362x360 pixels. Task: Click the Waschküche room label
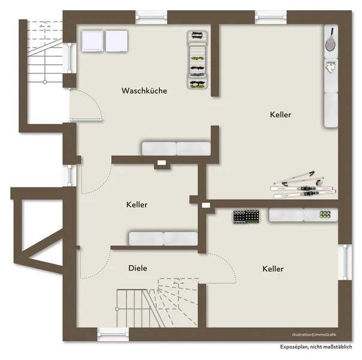[x=144, y=91]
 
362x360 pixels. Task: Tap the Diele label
[x=138, y=268]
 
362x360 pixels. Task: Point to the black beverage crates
[x=246, y=217]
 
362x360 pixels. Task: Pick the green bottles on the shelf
[x=325, y=215]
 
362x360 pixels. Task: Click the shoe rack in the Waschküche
[x=197, y=59]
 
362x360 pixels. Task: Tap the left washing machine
[x=92, y=41]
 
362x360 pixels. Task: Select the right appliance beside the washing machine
[x=117, y=41]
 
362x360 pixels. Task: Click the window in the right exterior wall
[x=345, y=262]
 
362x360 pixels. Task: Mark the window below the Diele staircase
[x=113, y=334]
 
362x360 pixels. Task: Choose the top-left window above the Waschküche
[x=151, y=17]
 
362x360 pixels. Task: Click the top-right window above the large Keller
[x=270, y=17]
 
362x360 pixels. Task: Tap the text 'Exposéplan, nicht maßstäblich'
[x=316, y=347]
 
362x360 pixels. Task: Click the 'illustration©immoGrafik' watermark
[x=314, y=335]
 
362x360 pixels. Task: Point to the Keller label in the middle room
[x=137, y=205]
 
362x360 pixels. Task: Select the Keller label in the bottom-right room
[x=273, y=269]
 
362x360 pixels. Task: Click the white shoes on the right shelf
[x=330, y=67]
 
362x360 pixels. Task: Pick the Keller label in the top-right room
[x=280, y=115]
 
